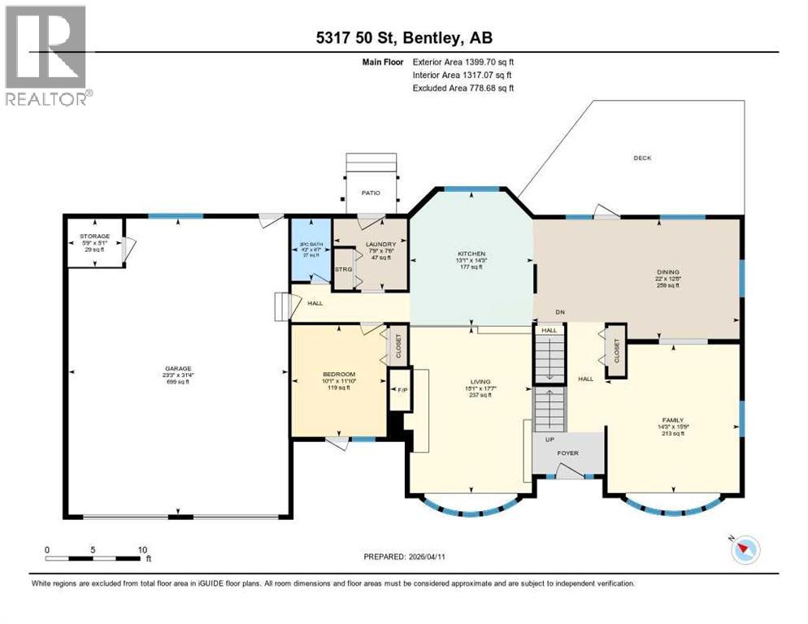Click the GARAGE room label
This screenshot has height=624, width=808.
pos(178,367)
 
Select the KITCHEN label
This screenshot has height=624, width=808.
pos(471,254)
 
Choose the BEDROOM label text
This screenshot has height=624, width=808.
pos(339,375)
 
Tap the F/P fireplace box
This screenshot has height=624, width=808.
pos(400,391)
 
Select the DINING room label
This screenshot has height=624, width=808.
pos(668,272)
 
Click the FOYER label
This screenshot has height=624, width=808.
pos(567,453)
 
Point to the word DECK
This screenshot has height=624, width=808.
pos(642,158)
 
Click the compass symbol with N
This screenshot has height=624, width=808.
pos(743,549)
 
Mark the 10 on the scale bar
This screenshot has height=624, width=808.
pos(141,549)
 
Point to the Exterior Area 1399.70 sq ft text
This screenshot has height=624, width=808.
pos(463,61)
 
